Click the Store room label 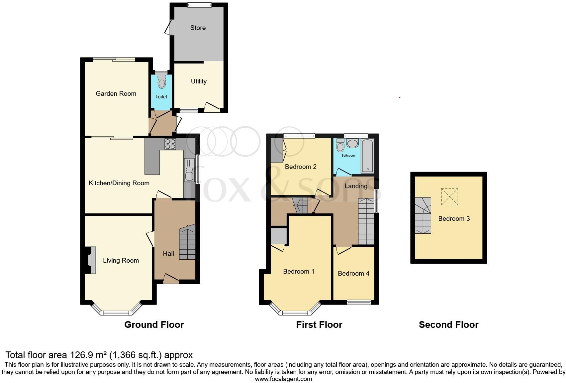click(x=198, y=28)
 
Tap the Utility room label click(x=199, y=81)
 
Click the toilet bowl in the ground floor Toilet click(x=162, y=82)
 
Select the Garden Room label click(x=116, y=94)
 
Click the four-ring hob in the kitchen click(x=170, y=144)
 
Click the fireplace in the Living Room click(x=91, y=260)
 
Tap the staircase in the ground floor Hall click(x=187, y=243)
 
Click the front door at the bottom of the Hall click(x=171, y=279)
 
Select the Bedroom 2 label click(x=301, y=167)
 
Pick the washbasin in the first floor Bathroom click(x=352, y=144)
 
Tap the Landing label click(x=356, y=186)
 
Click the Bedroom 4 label click(x=353, y=274)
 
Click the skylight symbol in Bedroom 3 click(x=449, y=197)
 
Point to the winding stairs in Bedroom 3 click(x=423, y=215)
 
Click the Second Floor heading click(x=448, y=325)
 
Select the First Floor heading click(x=319, y=325)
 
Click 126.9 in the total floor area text click(x=83, y=355)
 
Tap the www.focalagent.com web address click(x=283, y=379)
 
